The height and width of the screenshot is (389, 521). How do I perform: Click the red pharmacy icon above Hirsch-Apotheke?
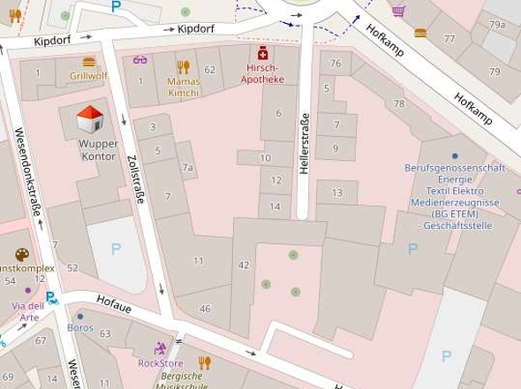[263, 54]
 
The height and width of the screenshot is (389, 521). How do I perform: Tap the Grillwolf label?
[87, 76]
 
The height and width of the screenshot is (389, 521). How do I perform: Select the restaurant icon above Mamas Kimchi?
[183, 66]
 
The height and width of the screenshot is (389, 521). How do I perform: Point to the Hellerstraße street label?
[306, 144]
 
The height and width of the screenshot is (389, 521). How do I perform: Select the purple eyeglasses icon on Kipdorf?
[139, 60]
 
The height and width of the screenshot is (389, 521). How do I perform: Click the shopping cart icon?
[399, 11]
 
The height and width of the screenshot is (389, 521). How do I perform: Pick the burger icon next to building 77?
[419, 34]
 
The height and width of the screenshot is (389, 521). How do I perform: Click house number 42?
[244, 264]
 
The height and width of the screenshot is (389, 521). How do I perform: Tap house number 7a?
[186, 167]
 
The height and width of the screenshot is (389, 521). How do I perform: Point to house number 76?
[335, 64]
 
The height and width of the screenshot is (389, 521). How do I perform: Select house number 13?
[336, 193]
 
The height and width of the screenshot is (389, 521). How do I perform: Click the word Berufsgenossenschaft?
[454, 168]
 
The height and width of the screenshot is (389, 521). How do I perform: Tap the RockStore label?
[160, 362]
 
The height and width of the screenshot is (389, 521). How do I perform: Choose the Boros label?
[79, 327]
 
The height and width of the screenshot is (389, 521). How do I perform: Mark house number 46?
[205, 309]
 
